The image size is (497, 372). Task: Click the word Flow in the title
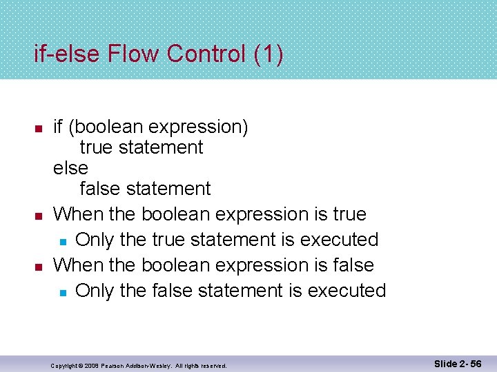click(x=131, y=54)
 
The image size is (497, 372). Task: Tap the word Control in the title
click(x=204, y=54)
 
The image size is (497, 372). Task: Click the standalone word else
click(x=70, y=168)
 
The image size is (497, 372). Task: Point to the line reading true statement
click(x=142, y=147)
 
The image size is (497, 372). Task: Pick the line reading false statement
click(x=145, y=188)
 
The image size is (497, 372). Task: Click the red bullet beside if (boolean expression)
click(x=39, y=129)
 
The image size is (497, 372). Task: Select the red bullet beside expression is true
click(x=39, y=216)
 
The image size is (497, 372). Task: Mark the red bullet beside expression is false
click(x=39, y=266)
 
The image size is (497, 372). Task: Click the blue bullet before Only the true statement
click(x=62, y=241)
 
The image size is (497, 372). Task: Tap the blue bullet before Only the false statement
click(x=62, y=292)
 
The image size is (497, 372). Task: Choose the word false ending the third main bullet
click(x=351, y=265)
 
